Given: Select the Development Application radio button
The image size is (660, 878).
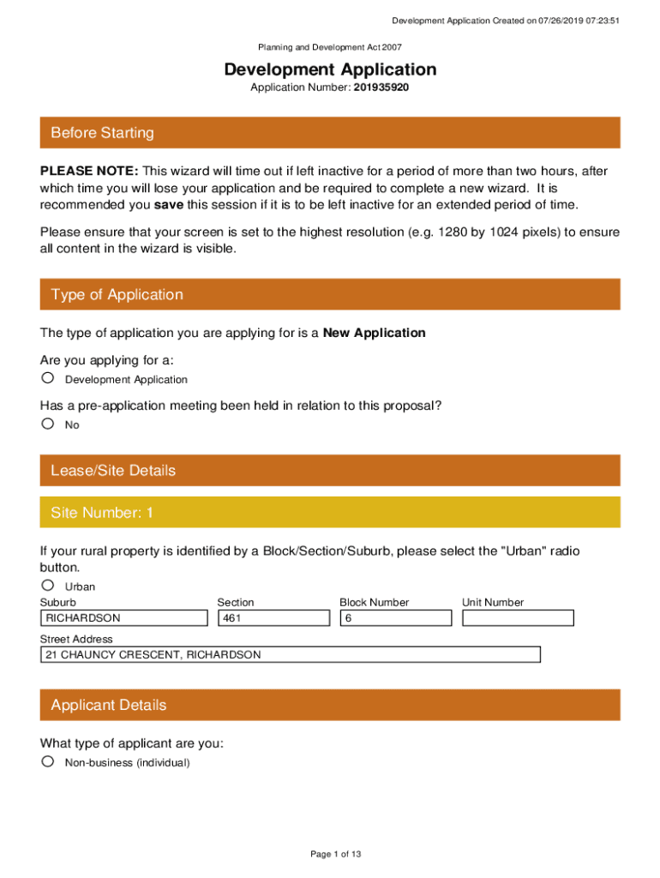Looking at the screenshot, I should [x=48, y=378].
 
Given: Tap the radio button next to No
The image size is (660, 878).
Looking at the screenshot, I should [x=48, y=424].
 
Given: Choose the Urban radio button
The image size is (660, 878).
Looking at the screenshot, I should [x=48, y=586].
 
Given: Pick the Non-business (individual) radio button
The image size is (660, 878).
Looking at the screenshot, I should [x=48, y=761].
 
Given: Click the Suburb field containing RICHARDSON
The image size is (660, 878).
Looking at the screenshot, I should [x=124, y=617].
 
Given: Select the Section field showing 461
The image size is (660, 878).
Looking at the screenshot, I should [x=273, y=617].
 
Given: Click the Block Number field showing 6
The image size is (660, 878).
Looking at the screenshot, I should [x=395, y=617].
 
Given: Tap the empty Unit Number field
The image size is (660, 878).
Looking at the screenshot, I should [x=518, y=617].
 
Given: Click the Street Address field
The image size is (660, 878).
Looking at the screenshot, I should [x=291, y=654].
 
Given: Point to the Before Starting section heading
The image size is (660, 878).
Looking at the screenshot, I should [x=103, y=133].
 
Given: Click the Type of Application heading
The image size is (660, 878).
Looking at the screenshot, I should [x=117, y=294].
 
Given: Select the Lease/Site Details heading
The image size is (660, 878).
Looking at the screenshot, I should [x=113, y=471].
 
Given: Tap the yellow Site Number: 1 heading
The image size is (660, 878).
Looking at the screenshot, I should [x=102, y=513].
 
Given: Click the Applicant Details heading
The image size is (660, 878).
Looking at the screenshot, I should [x=109, y=705].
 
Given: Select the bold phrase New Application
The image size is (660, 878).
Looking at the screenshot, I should [x=374, y=333].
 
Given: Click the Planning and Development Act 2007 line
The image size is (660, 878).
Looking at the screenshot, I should [x=330, y=48].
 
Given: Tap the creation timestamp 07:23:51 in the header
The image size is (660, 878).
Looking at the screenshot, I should [x=598, y=21].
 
